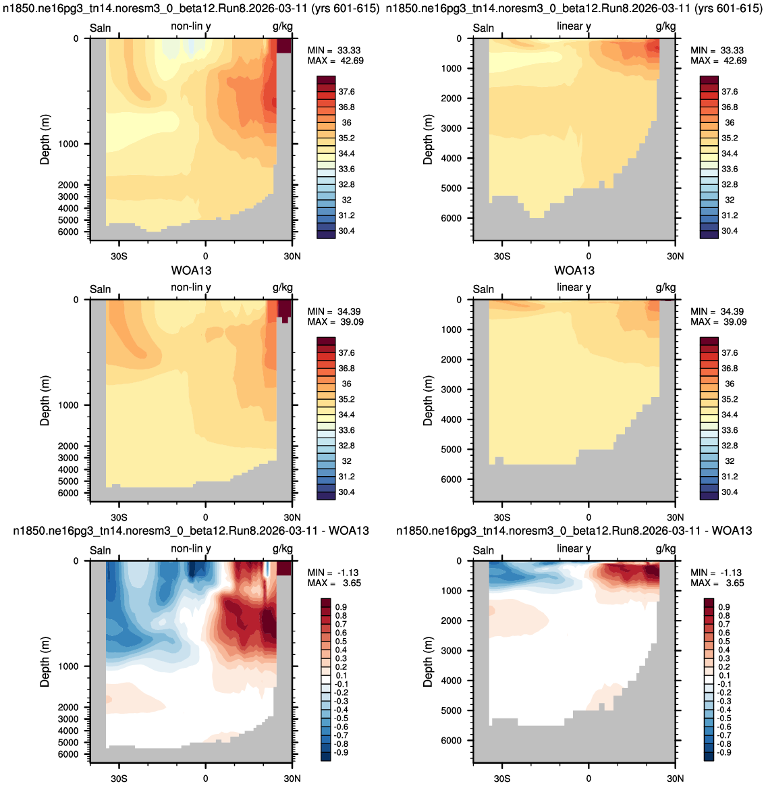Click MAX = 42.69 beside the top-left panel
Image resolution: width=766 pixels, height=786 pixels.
(x=335, y=61)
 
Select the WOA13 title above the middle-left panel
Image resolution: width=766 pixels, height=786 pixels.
(x=192, y=271)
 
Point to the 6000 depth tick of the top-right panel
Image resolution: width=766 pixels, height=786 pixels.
(x=452, y=218)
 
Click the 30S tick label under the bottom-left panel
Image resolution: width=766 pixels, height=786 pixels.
(x=119, y=779)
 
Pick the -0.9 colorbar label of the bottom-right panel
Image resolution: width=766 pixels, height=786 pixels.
(x=724, y=752)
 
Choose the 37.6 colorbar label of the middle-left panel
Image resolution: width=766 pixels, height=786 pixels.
(x=346, y=353)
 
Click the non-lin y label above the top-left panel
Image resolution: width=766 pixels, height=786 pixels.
(x=191, y=26)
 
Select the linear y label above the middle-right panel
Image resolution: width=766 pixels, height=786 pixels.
(x=574, y=288)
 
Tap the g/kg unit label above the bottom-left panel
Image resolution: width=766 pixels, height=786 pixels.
(x=283, y=549)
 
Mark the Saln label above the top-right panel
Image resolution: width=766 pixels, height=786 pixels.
(x=483, y=28)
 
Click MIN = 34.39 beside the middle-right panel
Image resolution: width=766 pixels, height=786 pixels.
(x=718, y=312)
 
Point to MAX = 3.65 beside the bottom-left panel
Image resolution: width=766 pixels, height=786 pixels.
(x=334, y=583)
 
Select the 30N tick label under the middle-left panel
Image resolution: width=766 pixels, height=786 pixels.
(x=292, y=517)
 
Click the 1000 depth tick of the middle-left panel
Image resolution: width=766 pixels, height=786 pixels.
(x=69, y=405)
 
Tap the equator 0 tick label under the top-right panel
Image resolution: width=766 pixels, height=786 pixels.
(x=589, y=256)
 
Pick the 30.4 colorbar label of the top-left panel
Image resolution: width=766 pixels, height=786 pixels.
(x=346, y=231)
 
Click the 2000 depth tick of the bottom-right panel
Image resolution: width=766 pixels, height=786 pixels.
(x=452, y=621)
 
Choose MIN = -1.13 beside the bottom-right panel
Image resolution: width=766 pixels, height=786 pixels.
(x=717, y=573)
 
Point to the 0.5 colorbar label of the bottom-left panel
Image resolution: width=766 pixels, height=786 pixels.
(x=341, y=641)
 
